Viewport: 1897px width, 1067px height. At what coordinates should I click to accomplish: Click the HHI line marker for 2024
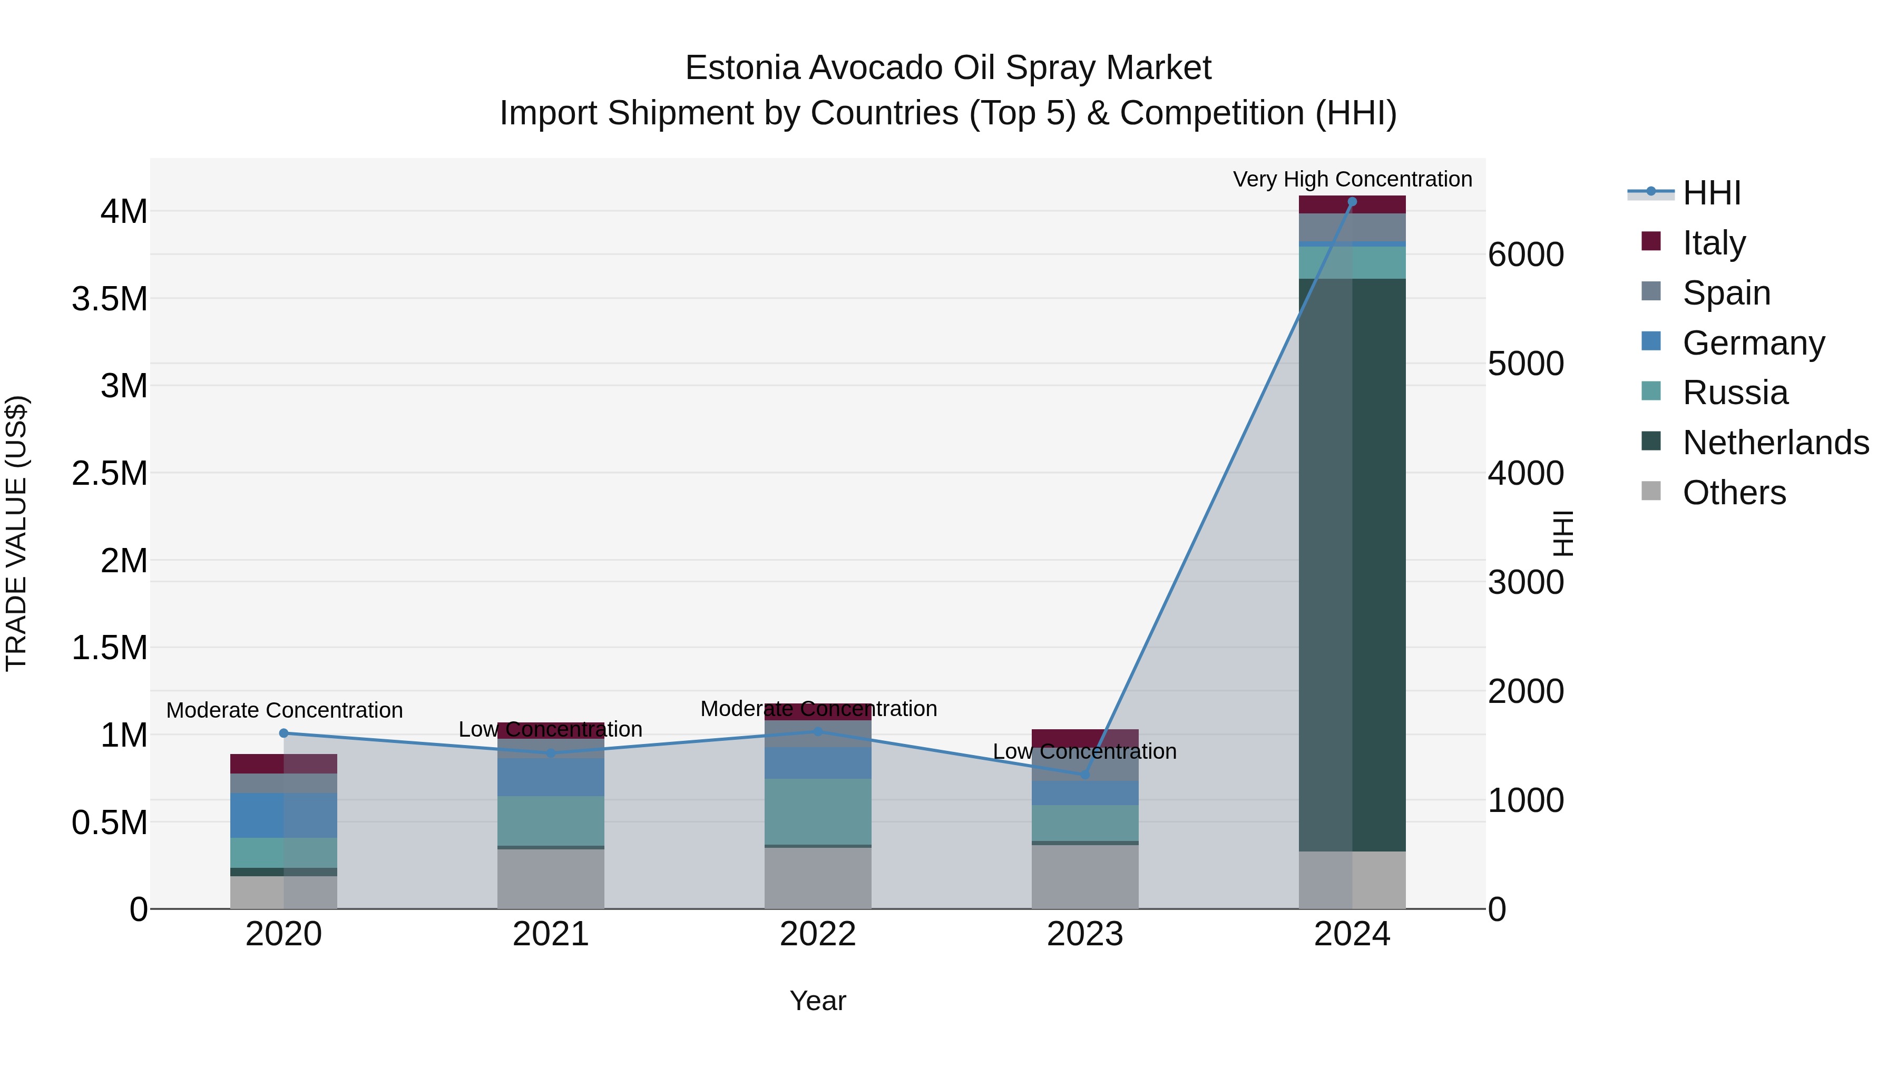(x=1352, y=202)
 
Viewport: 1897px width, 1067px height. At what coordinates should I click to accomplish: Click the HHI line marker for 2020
(x=283, y=733)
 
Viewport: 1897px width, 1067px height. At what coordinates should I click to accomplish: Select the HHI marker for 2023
(x=1085, y=775)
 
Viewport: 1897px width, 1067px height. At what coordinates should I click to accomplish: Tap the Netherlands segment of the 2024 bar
(x=1352, y=565)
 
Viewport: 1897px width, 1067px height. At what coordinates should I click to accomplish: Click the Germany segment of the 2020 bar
(x=283, y=815)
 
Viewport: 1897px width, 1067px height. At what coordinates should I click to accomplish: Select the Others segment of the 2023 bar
(x=1085, y=876)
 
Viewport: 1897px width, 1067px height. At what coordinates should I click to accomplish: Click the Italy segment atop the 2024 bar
(x=1352, y=205)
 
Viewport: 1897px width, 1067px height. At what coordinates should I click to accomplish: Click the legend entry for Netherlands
(x=1775, y=443)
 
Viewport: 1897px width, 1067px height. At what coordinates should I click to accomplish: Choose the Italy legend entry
(x=1714, y=243)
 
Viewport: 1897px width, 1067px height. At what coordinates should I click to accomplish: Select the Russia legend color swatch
(x=1651, y=391)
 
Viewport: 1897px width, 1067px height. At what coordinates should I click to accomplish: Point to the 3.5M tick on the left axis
(x=110, y=299)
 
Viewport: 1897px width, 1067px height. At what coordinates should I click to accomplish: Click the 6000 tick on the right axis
(x=1526, y=255)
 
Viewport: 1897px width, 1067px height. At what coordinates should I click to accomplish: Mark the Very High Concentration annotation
(x=1352, y=179)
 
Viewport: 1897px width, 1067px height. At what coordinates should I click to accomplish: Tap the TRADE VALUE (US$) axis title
(x=16, y=533)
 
